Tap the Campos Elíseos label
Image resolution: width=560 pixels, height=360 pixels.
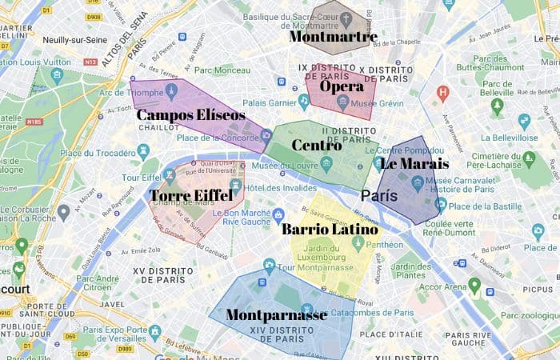coord(190,115)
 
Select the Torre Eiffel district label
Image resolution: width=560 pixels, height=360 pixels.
coord(191,195)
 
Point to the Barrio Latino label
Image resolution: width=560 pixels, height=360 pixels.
coord(329,230)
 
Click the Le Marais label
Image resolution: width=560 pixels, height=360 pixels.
coord(414,164)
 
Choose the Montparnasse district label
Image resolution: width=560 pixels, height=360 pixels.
coord(276,315)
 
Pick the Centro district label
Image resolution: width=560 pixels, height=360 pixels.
coord(317,146)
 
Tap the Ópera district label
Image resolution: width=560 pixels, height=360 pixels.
coord(342,86)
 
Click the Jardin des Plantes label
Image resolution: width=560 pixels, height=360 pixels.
coord(412,270)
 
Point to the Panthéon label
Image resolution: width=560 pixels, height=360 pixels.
coord(385,245)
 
